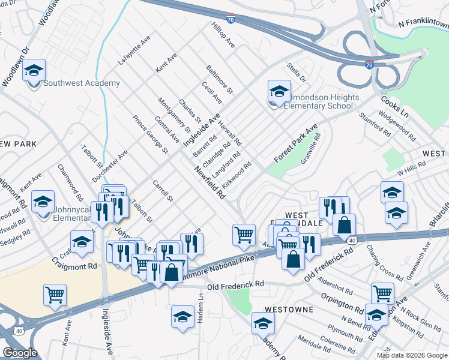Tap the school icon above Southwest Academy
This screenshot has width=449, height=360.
[x=34, y=70]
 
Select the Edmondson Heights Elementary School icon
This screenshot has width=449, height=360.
[x=279, y=92]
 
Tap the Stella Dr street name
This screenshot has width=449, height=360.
[x=297, y=73]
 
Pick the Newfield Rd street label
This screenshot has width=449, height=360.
[x=209, y=182]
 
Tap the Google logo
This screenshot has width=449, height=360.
[x=20, y=353]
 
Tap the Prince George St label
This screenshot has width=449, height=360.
[x=149, y=134]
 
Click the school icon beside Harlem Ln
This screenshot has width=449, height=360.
[x=182, y=317]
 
